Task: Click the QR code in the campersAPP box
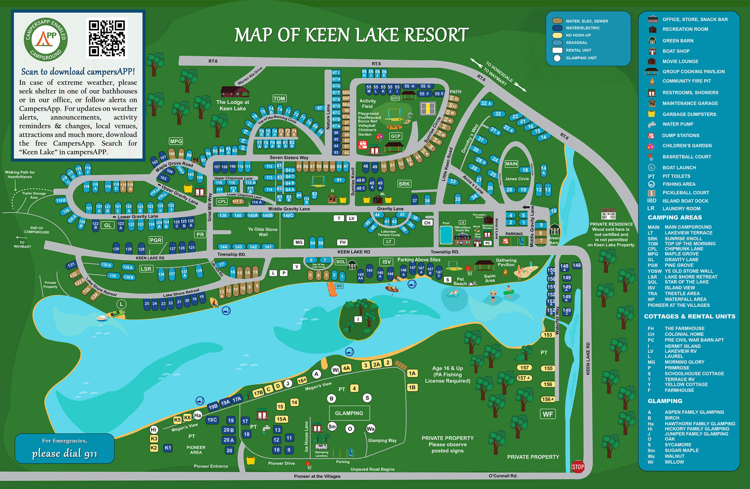coord(107,38)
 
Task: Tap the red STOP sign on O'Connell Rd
coord(578,467)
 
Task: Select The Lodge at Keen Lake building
coord(235,92)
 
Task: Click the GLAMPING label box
coord(349,413)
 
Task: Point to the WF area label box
coord(548,414)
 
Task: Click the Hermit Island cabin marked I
coord(358,319)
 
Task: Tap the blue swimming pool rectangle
coord(446,235)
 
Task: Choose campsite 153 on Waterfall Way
coord(548,335)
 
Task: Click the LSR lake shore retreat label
coord(146,269)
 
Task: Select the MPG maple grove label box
coord(176,141)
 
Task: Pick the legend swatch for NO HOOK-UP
coord(557,35)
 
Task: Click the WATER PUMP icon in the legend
coord(651,124)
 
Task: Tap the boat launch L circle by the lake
coord(121,304)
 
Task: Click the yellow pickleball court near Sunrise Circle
coord(428,109)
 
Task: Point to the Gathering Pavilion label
coord(506,262)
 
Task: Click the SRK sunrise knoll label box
coord(404,184)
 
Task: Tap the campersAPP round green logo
coord(46,39)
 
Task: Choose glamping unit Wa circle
coord(370,429)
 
